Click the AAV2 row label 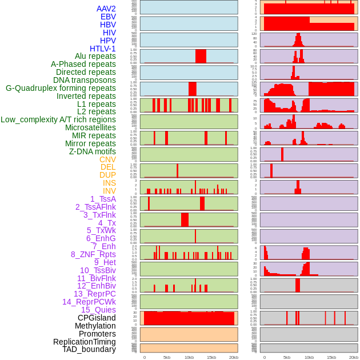tap(106, 9)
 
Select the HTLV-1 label tap(102, 49)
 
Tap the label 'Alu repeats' tap(95, 56)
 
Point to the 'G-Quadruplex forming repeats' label tap(61, 88)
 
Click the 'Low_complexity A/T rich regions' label tap(58, 119)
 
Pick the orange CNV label tap(107, 159)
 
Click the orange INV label tap(109, 191)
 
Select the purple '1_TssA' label tap(103, 199)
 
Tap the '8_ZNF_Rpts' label tap(93, 254)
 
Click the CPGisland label tap(97, 318)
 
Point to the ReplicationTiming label tap(84, 342)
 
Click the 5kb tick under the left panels tap(167, 357)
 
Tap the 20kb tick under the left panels tap(233, 357)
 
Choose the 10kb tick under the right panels tap(309, 357)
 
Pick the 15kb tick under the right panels tap(331, 357)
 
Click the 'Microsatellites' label tap(90, 127)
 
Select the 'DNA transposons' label tap(85, 80)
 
